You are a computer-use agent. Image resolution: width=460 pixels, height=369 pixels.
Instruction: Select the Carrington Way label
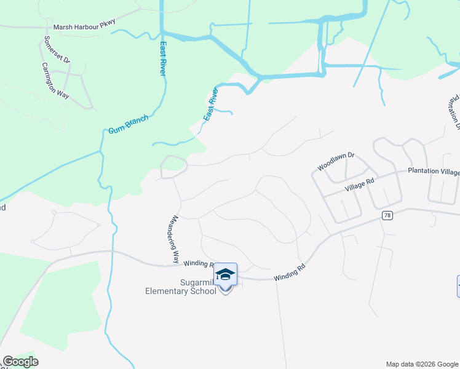pyautogui.click(x=55, y=81)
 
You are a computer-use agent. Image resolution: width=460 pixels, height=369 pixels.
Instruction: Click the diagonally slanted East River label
pyautogui.click(x=210, y=103)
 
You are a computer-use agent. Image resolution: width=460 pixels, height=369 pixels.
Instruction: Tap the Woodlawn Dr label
pyautogui.click(x=336, y=162)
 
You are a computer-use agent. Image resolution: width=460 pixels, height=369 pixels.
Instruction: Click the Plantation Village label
pyautogui.click(x=433, y=172)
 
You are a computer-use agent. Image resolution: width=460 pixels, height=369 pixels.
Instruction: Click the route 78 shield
pyautogui.click(x=387, y=215)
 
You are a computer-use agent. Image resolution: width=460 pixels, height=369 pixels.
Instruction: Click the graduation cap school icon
pyautogui.click(x=225, y=274)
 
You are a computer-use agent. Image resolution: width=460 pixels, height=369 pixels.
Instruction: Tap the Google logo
pyautogui.click(x=20, y=362)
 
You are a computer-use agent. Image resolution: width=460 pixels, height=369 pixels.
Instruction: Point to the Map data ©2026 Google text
pyautogui.click(x=422, y=364)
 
